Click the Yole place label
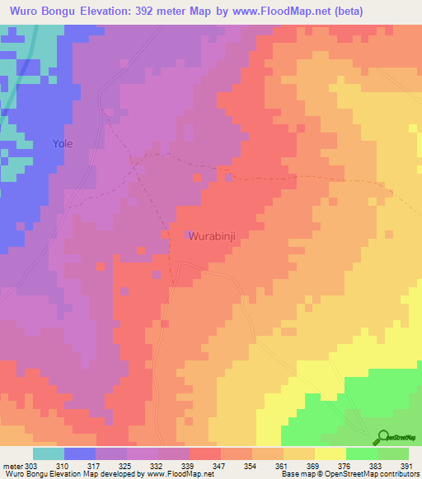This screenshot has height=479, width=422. tap(63, 143)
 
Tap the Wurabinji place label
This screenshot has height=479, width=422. tap(213, 235)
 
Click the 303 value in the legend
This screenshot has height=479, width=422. tap(31, 465)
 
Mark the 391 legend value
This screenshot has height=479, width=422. tap(406, 465)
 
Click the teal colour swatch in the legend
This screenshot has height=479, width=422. tap(48, 453)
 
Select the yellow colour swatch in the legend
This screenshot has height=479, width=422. tap(330, 453)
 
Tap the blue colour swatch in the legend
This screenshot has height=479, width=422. tap(79, 453)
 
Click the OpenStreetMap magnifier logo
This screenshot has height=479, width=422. tap(382, 437)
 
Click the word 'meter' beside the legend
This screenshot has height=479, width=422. tap(12, 465)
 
